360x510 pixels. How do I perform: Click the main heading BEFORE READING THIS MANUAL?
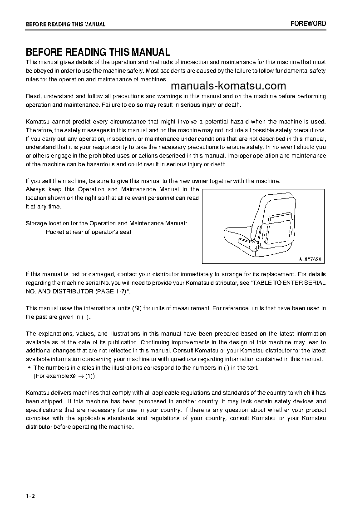(x=98, y=52)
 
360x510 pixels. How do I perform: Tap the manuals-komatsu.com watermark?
(x=228, y=86)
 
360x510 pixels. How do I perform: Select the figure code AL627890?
(x=310, y=259)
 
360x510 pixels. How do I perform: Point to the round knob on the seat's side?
(x=252, y=246)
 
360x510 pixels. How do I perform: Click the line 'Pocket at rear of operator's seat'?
(x=89, y=232)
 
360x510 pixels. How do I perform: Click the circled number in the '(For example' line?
(x=72, y=376)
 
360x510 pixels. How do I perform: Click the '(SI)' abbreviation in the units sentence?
(x=137, y=308)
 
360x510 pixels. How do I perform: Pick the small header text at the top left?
(x=65, y=25)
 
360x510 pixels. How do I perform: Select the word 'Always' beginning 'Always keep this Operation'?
(x=35, y=189)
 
